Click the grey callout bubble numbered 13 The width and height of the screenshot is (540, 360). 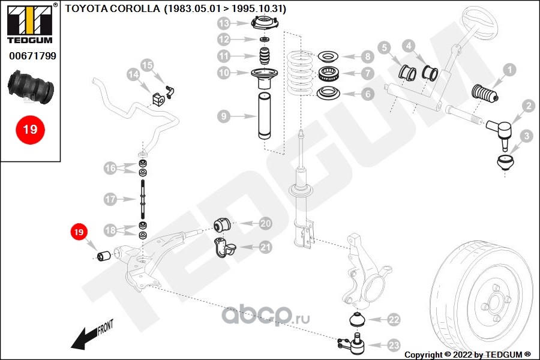click(224, 24)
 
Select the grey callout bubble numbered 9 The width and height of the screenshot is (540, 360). click(224, 116)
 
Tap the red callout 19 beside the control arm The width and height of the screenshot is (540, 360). click(79, 232)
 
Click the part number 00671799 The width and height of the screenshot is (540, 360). click(32, 56)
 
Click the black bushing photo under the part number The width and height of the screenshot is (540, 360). click(33, 87)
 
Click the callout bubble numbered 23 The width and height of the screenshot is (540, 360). click(393, 345)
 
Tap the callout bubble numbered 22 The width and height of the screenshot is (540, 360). click(393, 320)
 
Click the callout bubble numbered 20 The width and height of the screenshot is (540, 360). click(265, 223)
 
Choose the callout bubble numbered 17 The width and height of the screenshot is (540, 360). click(109, 199)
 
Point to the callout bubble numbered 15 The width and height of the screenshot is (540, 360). click(148, 65)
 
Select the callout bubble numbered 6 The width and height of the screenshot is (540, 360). click(367, 94)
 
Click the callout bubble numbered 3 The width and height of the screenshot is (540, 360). click(526, 137)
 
